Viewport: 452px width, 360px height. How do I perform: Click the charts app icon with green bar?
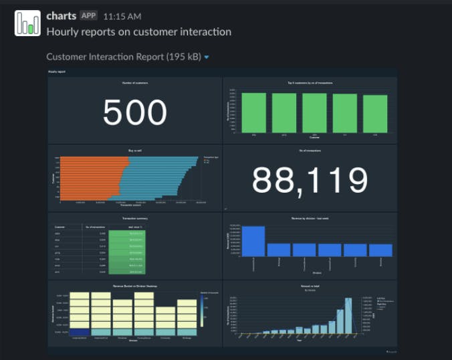pos(27,23)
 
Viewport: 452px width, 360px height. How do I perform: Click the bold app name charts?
pos(61,15)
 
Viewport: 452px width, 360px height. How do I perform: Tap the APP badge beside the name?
pos(88,15)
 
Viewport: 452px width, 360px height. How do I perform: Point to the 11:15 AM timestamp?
pos(122,16)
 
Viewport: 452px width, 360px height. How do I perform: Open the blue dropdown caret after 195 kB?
pos(207,58)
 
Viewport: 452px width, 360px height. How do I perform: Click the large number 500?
pos(134,112)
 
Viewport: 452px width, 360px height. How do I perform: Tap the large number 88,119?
pos(310,180)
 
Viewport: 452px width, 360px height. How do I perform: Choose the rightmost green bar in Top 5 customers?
pos(375,114)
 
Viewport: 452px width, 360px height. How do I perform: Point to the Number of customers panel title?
pos(135,82)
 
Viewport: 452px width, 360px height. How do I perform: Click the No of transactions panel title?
pos(310,151)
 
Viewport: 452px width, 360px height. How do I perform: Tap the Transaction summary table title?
pos(134,218)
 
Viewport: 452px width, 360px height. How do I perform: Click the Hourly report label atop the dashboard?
pos(56,71)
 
